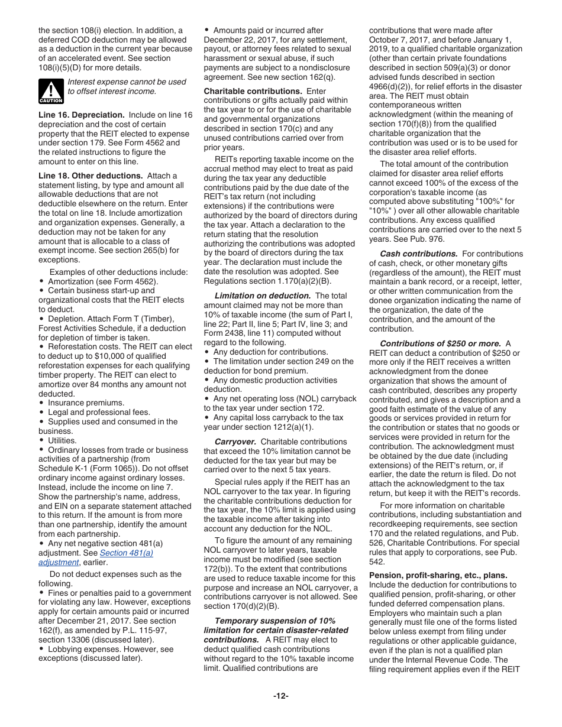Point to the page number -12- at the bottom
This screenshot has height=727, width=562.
point(280,696)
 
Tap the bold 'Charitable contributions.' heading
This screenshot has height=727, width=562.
point(253,91)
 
